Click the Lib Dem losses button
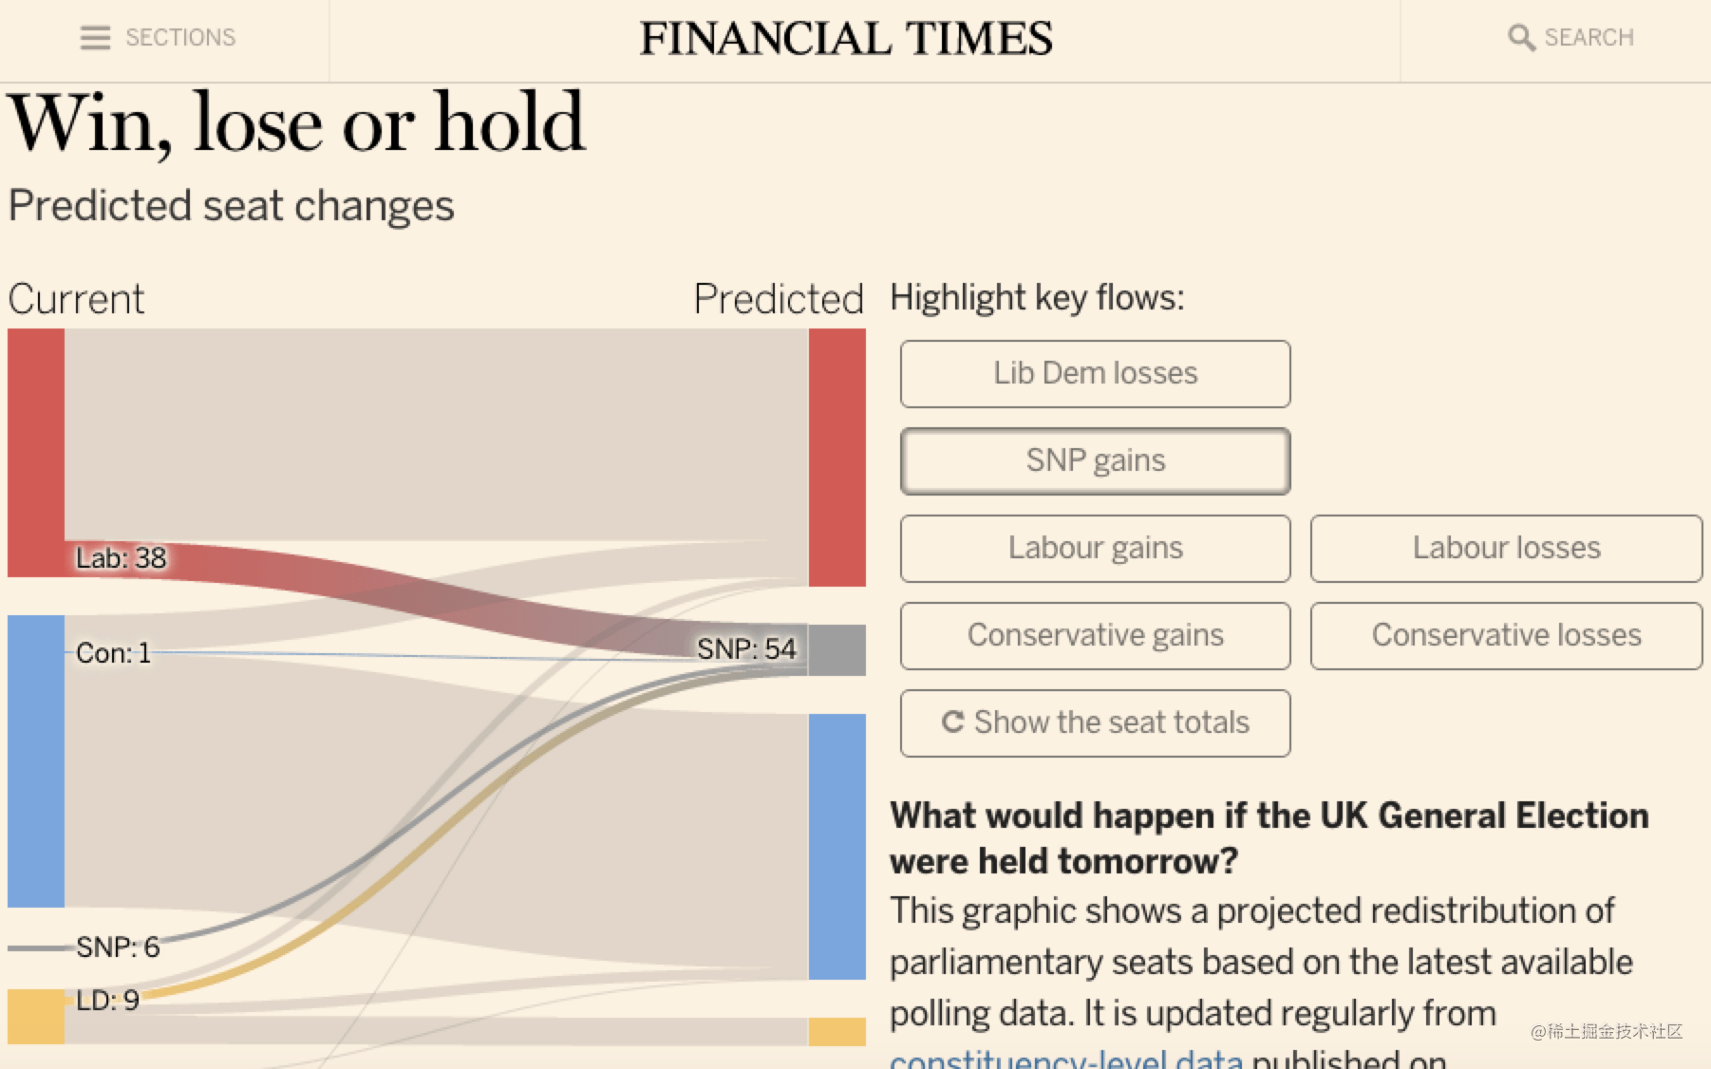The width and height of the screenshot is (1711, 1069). click(x=1095, y=373)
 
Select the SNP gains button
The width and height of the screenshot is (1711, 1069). click(x=1095, y=460)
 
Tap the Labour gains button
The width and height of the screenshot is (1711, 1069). click(x=1095, y=548)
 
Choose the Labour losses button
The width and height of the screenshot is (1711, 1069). click(x=1506, y=548)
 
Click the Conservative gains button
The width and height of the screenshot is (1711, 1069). click(x=1095, y=635)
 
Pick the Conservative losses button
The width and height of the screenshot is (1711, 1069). click(x=1506, y=635)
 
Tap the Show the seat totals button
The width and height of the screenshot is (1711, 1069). click(x=1095, y=722)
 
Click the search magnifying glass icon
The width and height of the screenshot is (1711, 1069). click(x=1520, y=38)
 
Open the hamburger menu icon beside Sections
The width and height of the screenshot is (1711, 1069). click(x=95, y=38)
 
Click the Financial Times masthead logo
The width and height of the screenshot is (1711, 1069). click(x=845, y=39)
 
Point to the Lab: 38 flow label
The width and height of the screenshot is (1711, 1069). click(x=121, y=558)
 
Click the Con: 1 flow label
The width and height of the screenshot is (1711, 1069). click(x=113, y=653)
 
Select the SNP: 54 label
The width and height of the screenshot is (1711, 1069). click(x=746, y=649)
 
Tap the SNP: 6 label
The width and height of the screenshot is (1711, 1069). click(x=118, y=947)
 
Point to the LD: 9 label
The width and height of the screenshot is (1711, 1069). click(x=107, y=1000)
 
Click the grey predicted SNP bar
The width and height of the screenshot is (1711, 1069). click(x=837, y=650)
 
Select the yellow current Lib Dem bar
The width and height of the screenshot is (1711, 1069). click(x=36, y=1016)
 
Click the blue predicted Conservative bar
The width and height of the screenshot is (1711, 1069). click(x=837, y=845)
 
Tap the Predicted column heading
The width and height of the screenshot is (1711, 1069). click(x=779, y=299)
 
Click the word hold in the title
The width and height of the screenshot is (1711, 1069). click(x=510, y=123)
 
